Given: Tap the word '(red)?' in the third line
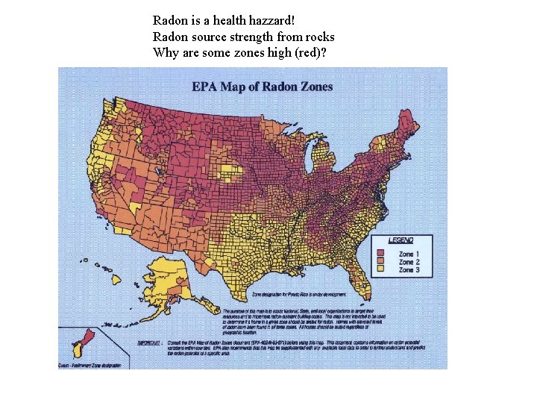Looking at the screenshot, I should [x=312, y=52].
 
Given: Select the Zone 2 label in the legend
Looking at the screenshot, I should [x=409, y=262].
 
